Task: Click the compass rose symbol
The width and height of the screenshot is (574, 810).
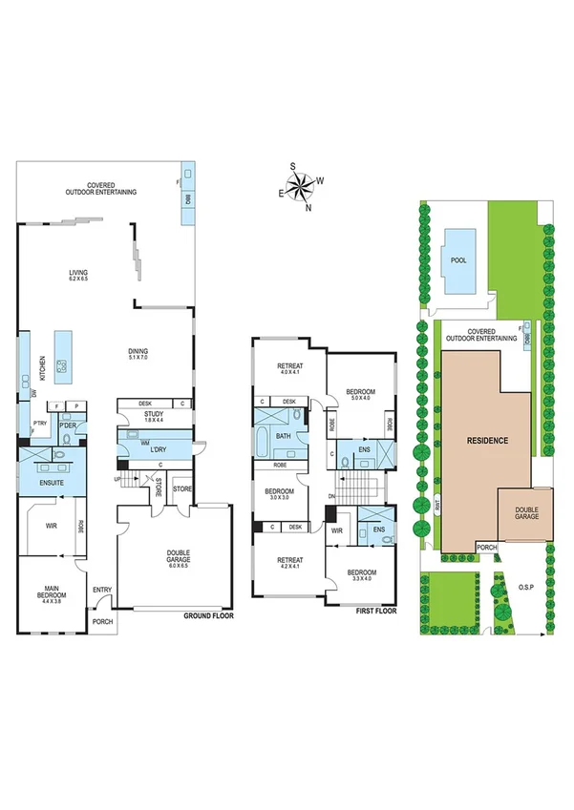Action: [x=301, y=183]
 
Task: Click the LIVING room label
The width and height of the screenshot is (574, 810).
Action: [x=77, y=276]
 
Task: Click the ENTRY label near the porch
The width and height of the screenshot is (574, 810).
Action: [x=101, y=591]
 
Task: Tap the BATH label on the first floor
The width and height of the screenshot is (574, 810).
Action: [x=283, y=436]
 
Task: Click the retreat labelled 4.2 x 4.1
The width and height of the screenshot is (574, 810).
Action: [x=287, y=563]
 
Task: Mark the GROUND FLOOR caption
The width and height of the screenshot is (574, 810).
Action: [x=208, y=616]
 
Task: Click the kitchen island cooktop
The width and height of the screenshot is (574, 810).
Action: [x=63, y=363]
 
